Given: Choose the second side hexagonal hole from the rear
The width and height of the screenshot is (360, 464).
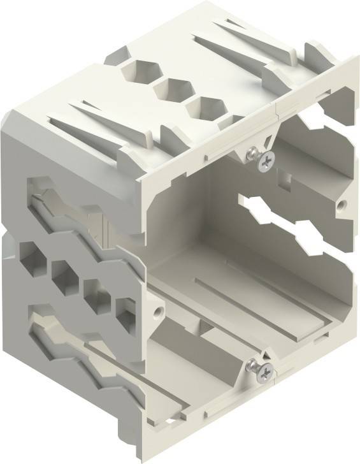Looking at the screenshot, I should (63, 273).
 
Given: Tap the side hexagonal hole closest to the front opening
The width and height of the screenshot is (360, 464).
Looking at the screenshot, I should (124, 313).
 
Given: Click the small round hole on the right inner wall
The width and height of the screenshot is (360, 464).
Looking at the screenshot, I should (342, 206).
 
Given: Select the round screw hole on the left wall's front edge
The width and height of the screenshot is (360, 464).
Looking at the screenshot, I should (155, 314).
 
